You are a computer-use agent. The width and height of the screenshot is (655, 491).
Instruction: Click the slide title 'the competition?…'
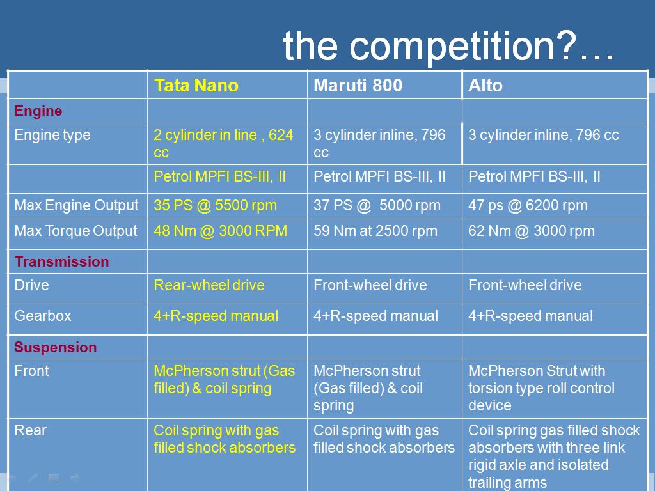448,47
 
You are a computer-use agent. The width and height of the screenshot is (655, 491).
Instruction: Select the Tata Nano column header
196,86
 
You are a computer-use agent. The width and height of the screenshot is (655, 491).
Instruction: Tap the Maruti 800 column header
358,86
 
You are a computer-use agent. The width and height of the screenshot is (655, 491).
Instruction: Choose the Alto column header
485,86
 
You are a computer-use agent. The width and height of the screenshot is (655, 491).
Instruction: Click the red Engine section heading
38,111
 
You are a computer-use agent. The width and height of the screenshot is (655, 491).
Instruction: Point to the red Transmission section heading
61,261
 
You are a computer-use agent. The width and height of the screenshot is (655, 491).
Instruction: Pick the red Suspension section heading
55,347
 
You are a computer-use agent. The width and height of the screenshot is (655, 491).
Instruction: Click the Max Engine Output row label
76,205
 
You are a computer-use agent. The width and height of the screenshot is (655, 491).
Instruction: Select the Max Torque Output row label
75,231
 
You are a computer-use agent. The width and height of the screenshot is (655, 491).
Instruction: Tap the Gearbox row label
43,316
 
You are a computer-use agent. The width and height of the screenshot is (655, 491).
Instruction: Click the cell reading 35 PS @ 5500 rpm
215,205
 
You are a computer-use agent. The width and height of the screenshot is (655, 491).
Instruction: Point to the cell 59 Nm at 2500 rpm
375,231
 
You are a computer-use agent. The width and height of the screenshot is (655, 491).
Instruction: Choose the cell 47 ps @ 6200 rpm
528,205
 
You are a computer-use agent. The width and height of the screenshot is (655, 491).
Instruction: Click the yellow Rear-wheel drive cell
209,285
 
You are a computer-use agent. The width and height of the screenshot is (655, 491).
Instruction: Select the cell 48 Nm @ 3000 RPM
220,231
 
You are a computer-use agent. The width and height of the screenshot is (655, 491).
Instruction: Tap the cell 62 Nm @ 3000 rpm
532,231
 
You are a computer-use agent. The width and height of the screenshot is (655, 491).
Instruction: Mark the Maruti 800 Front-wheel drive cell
370,285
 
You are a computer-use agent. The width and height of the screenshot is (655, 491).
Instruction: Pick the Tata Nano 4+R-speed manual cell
216,316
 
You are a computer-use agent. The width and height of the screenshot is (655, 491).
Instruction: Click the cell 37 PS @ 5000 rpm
377,205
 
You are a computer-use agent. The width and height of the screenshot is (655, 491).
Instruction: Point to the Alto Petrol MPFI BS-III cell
534,176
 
